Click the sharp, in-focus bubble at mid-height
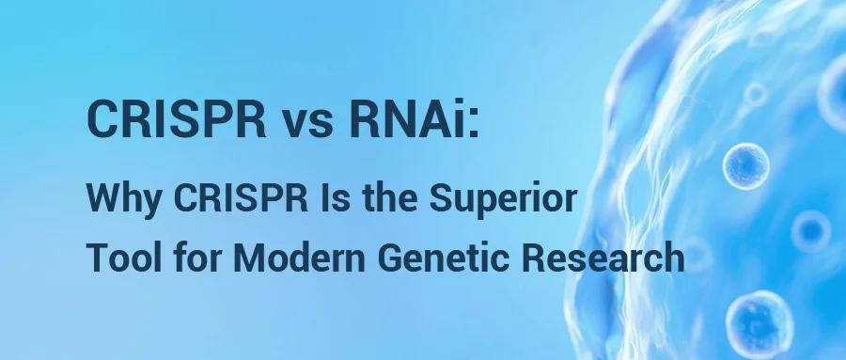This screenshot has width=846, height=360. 746,165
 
